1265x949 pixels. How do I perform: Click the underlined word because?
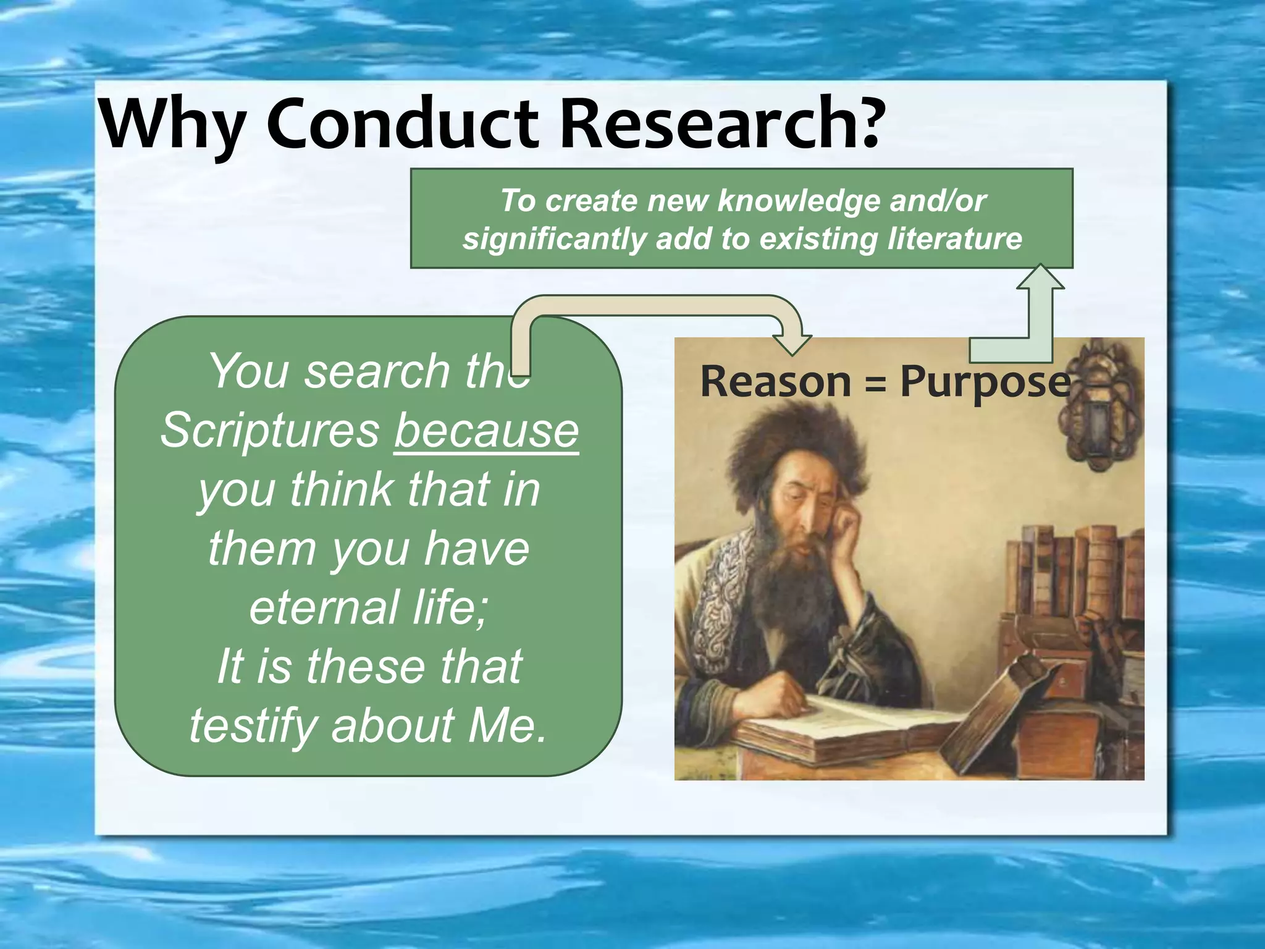pyautogui.click(x=486, y=431)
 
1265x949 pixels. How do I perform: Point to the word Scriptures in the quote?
pyautogui.click(x=270, y=431)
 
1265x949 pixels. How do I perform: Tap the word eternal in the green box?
pyautogui.click(x=321, y=607)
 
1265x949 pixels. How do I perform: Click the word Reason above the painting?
pyautogui.click(x=776, y=382)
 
